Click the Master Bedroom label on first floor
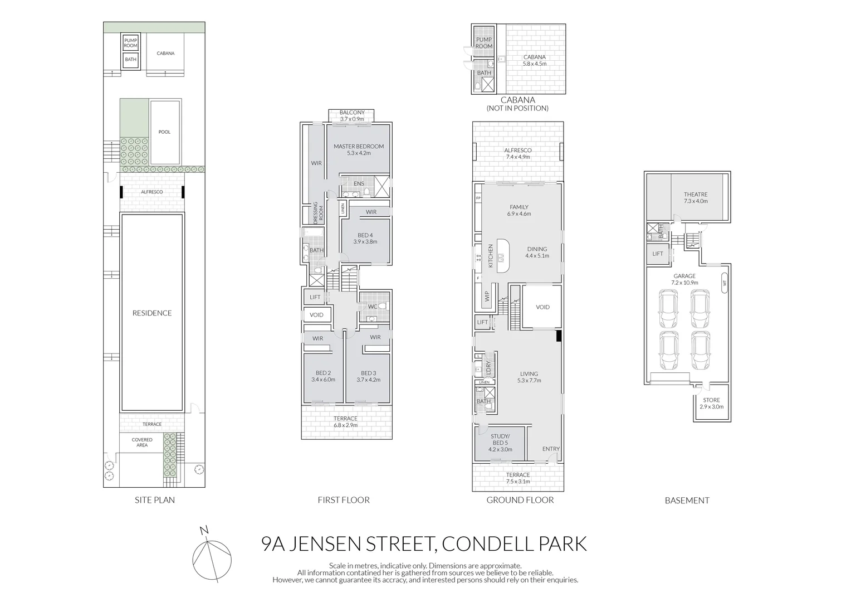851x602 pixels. (358, 147)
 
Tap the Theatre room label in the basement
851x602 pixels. (696, 195)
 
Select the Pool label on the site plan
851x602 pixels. (164, 132)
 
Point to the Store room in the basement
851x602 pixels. (711, 403)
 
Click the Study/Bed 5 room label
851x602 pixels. (500, 443)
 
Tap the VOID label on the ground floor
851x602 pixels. (542, 307)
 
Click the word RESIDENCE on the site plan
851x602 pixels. (151, 313)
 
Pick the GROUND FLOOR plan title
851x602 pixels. (520, 500)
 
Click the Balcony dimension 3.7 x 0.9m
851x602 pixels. (352, 119)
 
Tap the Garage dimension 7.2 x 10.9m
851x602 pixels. (684, 283)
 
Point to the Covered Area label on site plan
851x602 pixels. (142, 443)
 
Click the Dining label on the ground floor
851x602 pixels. (537, 249)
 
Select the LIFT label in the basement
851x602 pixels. (658, 254)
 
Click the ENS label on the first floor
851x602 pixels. (359, 183)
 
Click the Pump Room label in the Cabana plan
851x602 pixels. (483, 43)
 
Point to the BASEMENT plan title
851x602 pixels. (687, 501)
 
